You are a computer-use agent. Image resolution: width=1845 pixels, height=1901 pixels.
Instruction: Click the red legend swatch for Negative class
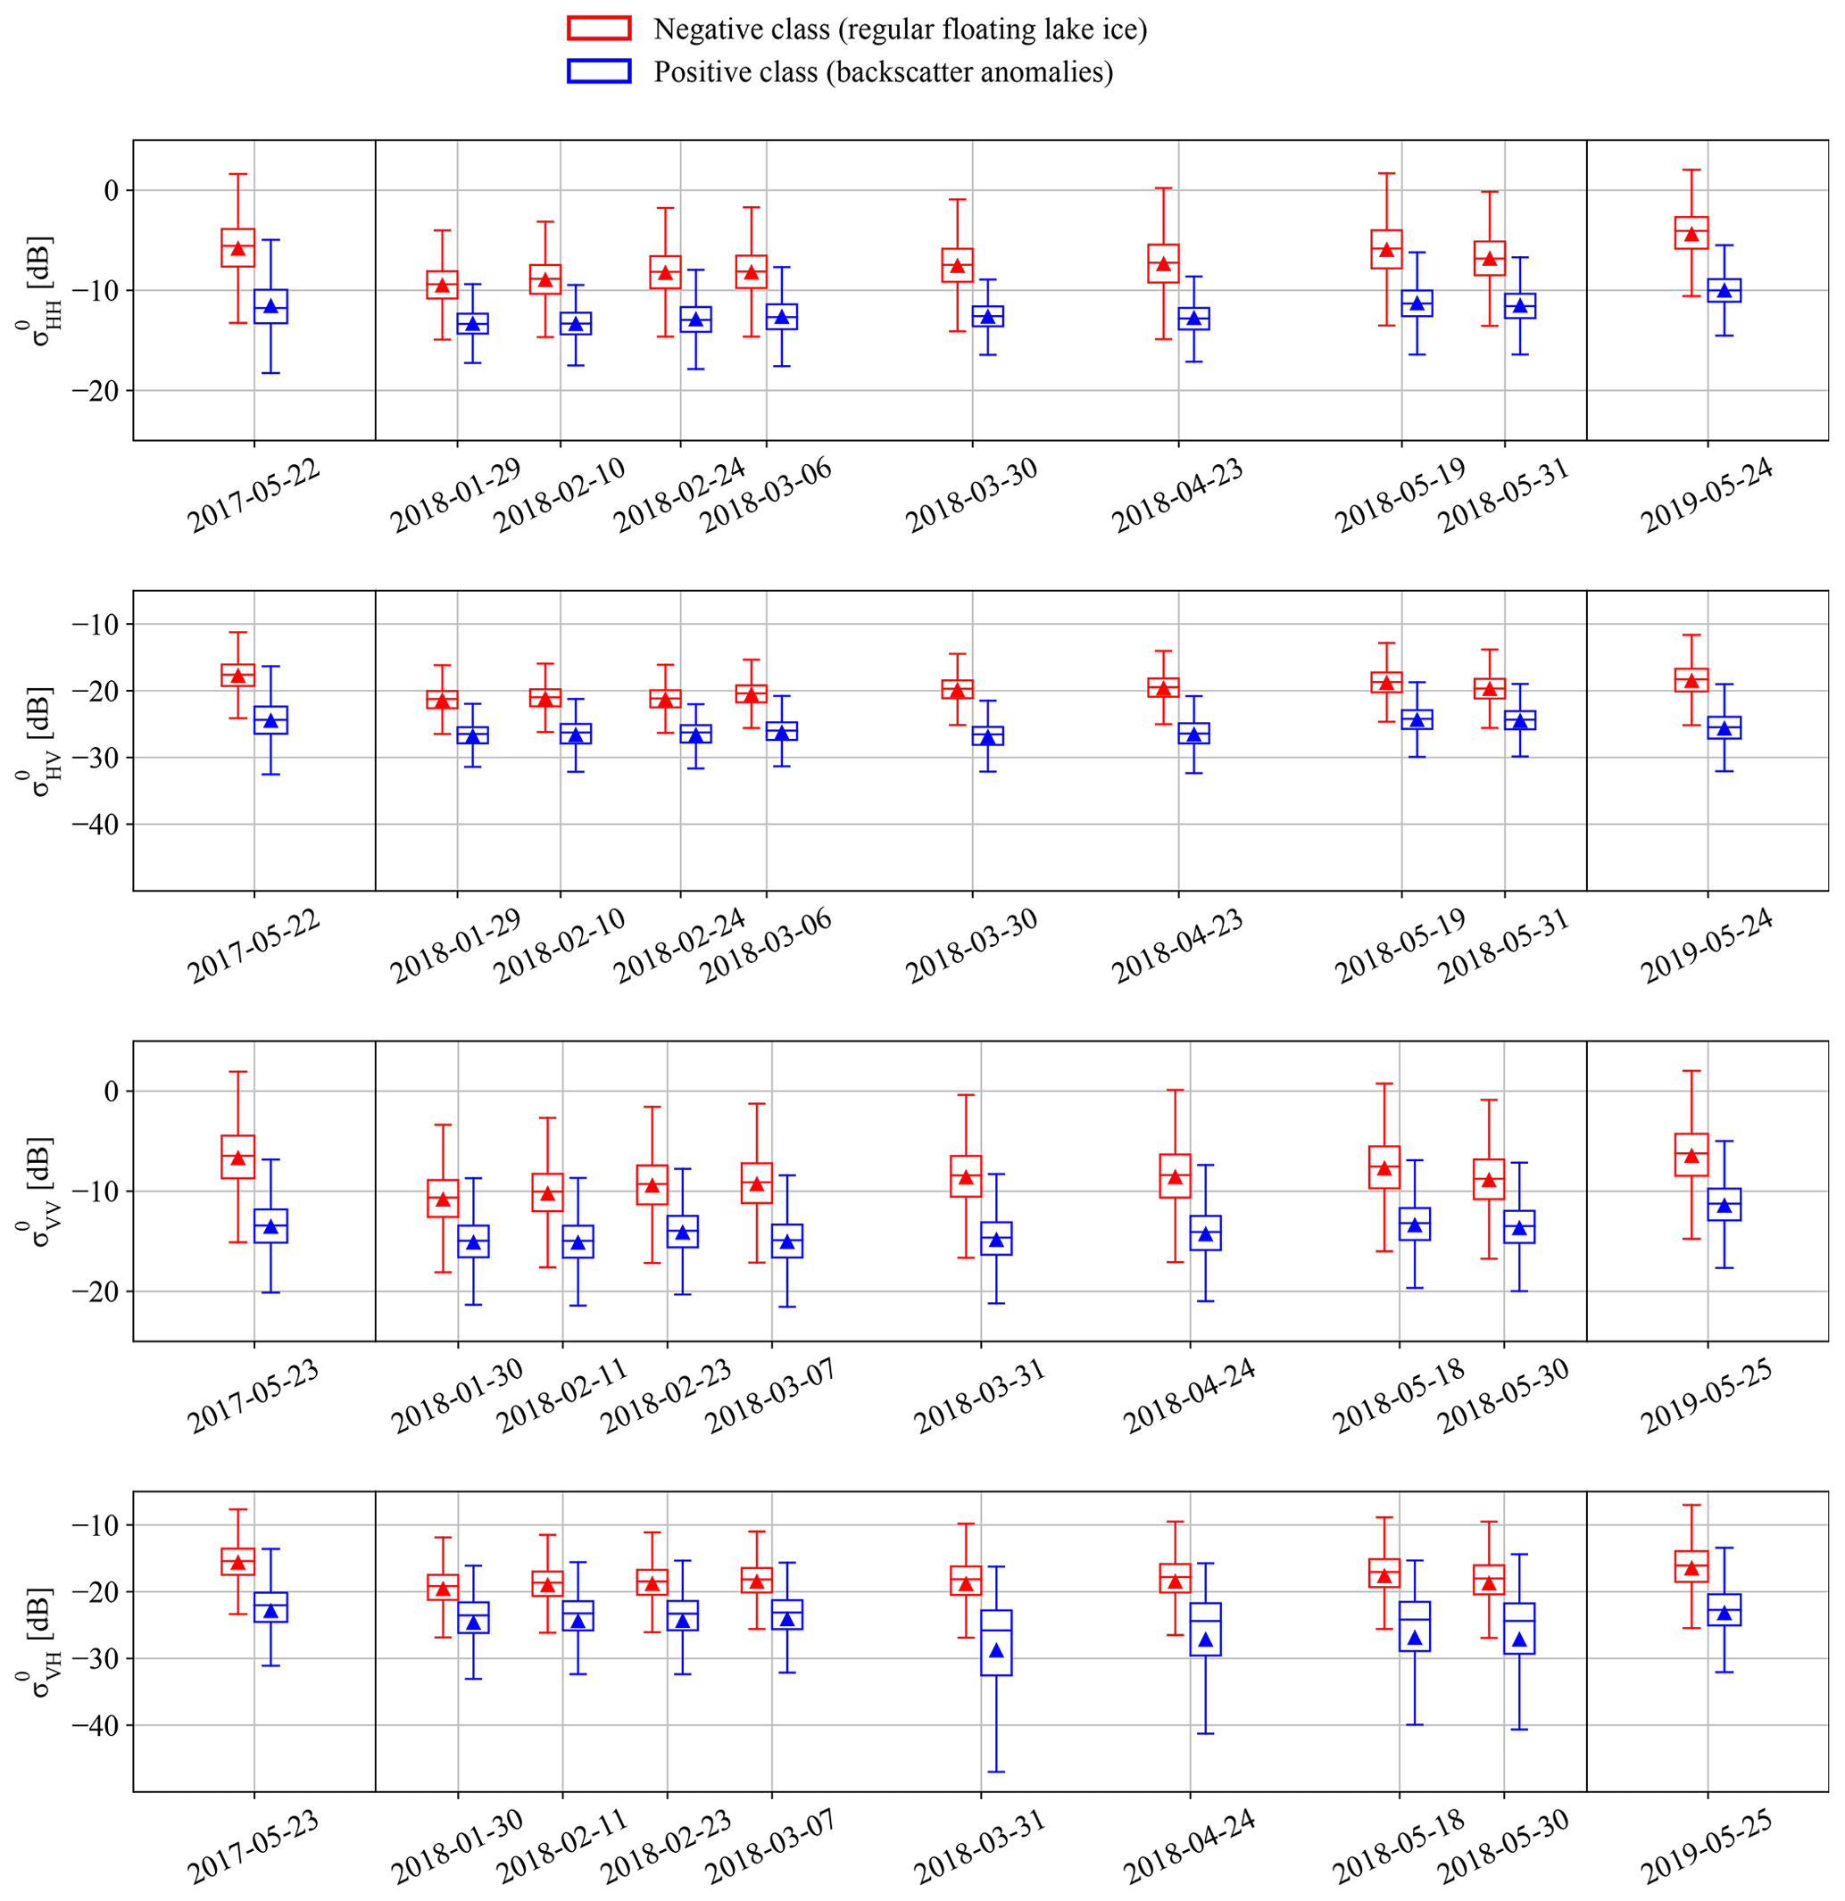click(599, 29)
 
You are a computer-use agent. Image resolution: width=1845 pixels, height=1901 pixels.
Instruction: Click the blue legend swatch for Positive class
click(599, 71)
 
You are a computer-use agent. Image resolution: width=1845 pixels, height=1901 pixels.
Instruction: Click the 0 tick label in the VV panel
click(111, 1092)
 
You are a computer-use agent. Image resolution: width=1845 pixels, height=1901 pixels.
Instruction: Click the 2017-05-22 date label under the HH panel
click(254, 495)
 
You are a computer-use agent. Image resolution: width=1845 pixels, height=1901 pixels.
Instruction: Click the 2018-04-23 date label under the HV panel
click(1177, 947)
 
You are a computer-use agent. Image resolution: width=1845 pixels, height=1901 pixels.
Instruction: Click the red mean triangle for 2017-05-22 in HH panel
click(237, 247)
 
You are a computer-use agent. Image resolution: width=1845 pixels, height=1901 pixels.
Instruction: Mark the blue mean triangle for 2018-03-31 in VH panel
click(996, 1650)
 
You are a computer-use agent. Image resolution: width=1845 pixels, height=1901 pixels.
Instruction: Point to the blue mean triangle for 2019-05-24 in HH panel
click(1724, 290)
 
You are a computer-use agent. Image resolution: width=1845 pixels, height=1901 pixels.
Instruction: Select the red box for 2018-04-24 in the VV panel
click(1175, 1175)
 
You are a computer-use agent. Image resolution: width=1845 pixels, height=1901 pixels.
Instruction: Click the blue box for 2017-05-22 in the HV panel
click(270, 719)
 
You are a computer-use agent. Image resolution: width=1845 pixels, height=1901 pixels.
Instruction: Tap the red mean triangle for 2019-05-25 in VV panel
click(1691, 1155)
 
